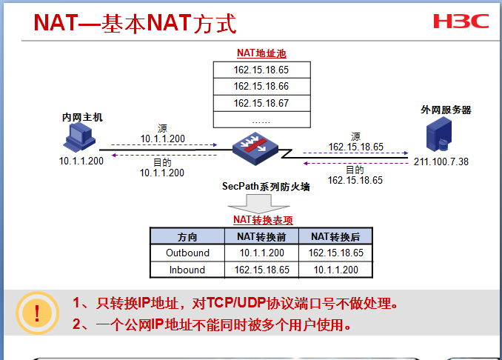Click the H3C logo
(x=461, y=20)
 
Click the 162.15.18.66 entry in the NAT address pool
(x=261, y=87)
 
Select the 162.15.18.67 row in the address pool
(x=261, y=103)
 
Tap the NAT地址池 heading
(x=261, y=53)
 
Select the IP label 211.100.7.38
(x=441, y=161)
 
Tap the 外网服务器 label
(x=446, y=110)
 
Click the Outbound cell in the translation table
(x=187, y=253)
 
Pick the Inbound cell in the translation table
(x=187, y=270)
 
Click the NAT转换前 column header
(x=261, y=236)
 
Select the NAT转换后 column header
(x=335, y=236)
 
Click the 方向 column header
(x=187, y=236)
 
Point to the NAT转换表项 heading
(x=263, y=219)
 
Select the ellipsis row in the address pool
(x=261, y=119)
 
